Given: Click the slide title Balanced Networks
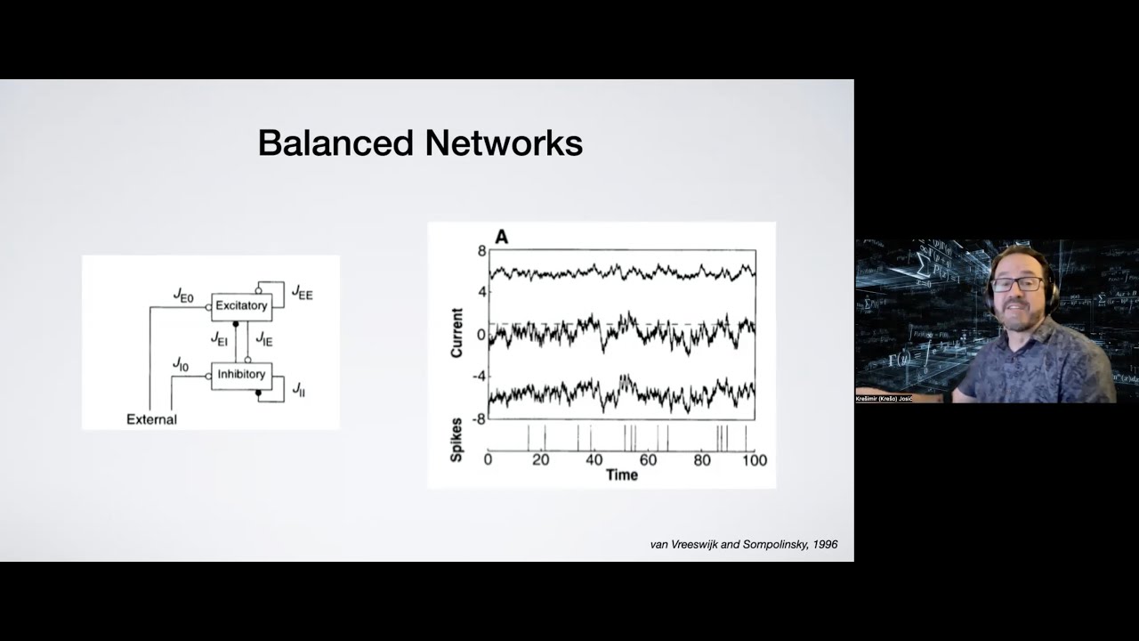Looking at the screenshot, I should click(420, 143).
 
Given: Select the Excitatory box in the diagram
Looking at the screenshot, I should click(241, 305).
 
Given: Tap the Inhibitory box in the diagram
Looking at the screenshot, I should click(241, 375).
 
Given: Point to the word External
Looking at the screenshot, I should click(151, 419).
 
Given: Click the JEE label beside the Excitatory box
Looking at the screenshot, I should click(302, 293).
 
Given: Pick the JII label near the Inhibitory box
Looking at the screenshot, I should click(298, 389).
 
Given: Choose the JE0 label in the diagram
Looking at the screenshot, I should click(183, 296).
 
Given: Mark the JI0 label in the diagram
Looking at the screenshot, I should click(181, 364).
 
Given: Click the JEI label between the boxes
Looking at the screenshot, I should click(219, 338).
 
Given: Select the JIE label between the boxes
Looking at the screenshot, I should click(264, 338).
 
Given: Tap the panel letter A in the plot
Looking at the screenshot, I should click(501, 237).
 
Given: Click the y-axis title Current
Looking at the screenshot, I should click(457, 333).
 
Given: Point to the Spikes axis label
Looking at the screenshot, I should click(457, 439).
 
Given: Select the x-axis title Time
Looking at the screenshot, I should click(621, 475).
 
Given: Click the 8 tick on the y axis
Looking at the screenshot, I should click(481, 251).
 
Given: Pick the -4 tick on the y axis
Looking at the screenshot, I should click(479, 376).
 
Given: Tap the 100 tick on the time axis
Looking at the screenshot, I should click(754, 460).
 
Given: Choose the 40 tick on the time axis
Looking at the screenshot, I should click(594, 460).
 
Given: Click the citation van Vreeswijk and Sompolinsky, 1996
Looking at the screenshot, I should click(744, 544).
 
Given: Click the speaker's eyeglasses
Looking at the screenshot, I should click(1017, 284).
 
